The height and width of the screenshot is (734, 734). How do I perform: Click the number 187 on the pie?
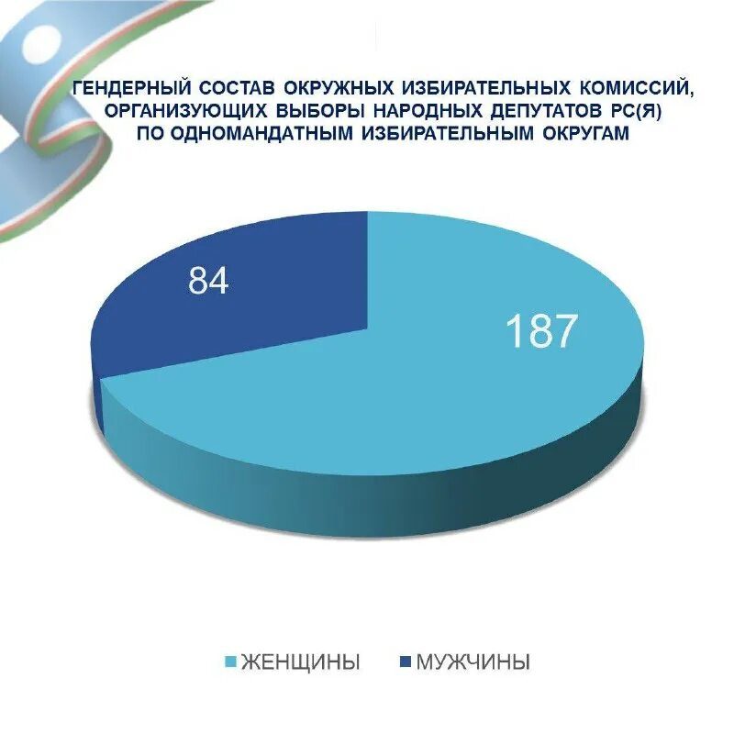[541, 331]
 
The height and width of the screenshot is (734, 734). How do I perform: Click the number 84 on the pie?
[208, 282]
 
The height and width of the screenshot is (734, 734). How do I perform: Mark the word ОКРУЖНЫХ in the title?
[329, 90]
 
